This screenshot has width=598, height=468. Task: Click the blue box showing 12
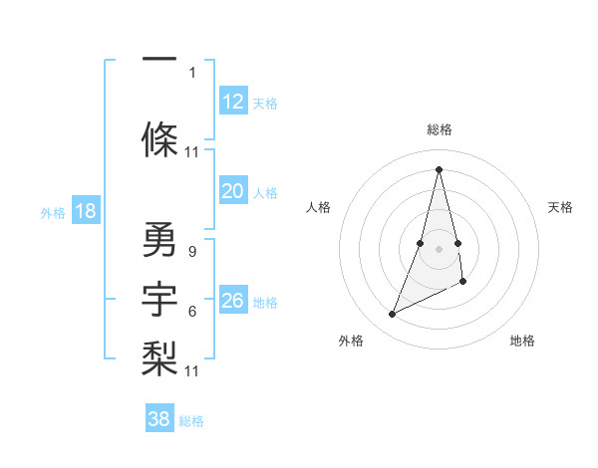click(x=233, y=102)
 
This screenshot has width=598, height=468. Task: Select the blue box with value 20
click(x=233, y=191)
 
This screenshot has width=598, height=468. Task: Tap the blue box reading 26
click(x=233, y=301)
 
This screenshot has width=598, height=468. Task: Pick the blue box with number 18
click(x=85, y=211)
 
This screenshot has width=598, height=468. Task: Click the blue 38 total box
click(x=159, y=419)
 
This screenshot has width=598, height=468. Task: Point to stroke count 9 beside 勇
click(x=191, y=251)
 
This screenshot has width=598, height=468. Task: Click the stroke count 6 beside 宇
click(x=191, y=312)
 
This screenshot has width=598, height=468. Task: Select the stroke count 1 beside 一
click(x=191, y=72)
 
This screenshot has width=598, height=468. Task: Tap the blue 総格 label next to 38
click(x=191, y=421)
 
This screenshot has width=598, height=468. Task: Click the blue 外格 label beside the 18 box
click(x=53, y=212)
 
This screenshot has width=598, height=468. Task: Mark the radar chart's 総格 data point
click(x=439, y=168)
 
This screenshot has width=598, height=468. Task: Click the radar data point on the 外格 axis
click(x=393, y=315)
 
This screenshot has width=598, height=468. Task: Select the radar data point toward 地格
click(x=463, y=282)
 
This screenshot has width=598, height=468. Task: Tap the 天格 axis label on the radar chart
click(x=560, y=207)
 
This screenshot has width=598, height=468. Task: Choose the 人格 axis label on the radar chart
click(x=318, y=207)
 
